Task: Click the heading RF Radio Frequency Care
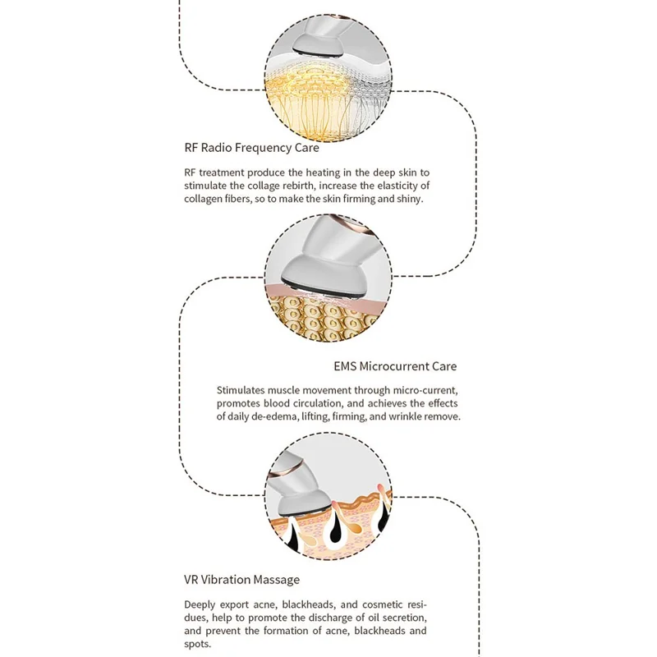pyautogui.click(x=251, y=148)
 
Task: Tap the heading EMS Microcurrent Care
pyautogui.click(x=395, y=366)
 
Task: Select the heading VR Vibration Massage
pyautogui.click(x=241, y=580)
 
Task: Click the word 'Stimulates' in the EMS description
pyautogui.click(x=241, y=390)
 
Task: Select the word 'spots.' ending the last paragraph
pyautogui.click(x=197, y=644)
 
